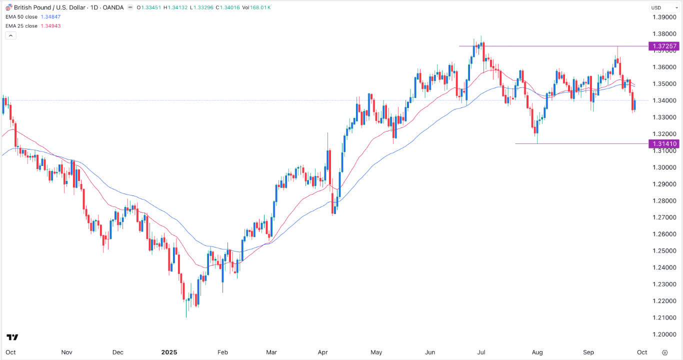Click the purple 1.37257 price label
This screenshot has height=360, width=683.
(664, 46)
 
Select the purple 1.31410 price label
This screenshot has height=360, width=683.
(664, 144)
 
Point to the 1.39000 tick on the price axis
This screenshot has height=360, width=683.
(664, 17)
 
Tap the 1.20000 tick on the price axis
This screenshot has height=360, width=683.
(664, 334)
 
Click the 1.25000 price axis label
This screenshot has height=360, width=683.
(664, 251)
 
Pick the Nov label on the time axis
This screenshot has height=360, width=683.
(67, 352)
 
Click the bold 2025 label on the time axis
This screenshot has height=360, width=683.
(168, 352)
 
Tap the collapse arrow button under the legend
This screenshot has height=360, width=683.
(11, 35)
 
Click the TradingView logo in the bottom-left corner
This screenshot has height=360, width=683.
(12, 337)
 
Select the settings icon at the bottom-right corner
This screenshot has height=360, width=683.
(664, 352)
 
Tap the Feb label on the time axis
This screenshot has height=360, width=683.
(223, 352)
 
